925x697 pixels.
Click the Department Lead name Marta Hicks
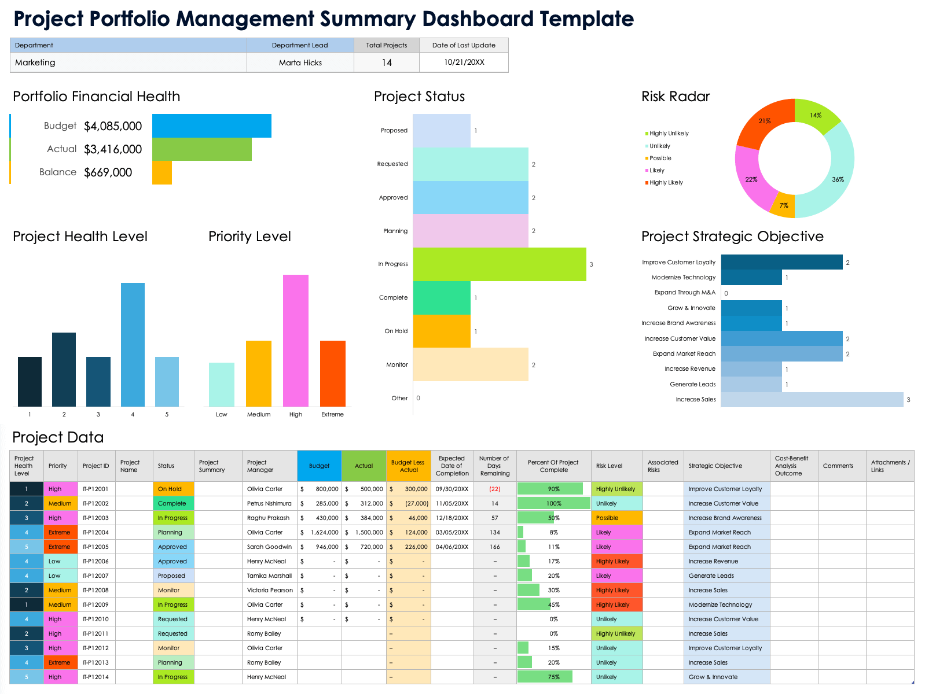click(x=300, y=62)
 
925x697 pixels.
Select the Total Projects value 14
click(x=387, y=62)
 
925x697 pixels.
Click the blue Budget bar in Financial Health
click(x=212, y=126)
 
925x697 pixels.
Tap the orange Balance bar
click(x=162, y=172)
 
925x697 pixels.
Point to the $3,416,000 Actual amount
click(x=113, y=149)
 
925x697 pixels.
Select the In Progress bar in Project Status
click(x=499, y=264)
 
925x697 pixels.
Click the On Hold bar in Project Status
click(x=442, y=331)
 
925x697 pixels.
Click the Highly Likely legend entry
click(x=666, y=183)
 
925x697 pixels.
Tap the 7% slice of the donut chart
click(x=784, y=205)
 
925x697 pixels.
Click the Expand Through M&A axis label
click(x=685, y=293)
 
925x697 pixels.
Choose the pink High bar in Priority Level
click(x=296, y=341)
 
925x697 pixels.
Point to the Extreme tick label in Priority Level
click(x=332, y=415)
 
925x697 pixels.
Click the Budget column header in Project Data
click(x=319, y=466)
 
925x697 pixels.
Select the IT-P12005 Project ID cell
click(x=96, y=547)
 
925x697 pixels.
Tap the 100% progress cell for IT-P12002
click(x=553, y=503)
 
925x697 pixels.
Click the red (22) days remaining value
click(x=494, y=489)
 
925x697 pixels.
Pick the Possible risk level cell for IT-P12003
click(x=616, y=518)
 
